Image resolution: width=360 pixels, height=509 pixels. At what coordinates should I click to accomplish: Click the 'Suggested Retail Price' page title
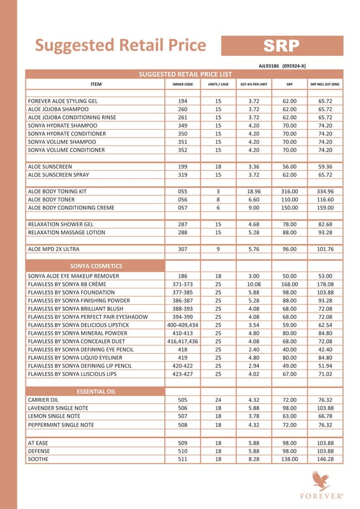click(120, 45)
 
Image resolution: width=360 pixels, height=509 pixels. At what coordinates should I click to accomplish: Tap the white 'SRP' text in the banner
click(282, 46)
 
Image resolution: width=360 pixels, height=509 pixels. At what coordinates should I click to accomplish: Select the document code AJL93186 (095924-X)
click(282, 66)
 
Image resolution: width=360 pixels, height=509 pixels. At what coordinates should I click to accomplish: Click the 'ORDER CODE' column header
click(182, 84)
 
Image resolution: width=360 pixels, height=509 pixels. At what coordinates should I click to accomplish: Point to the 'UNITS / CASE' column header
click(218, 84)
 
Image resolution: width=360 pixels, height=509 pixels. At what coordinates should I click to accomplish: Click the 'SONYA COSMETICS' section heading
click(96, 265)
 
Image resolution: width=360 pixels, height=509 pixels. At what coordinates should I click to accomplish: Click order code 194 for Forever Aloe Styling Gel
click(182, 100)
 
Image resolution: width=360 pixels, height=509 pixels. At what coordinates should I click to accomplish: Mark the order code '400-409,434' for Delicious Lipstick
click(182, 325)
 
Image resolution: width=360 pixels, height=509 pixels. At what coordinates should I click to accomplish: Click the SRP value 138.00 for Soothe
click(289, 459)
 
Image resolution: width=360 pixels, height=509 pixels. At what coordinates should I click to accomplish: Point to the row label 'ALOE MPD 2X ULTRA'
click(54, 249)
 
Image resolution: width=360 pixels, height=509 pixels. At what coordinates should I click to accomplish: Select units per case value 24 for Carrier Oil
click(218, 400)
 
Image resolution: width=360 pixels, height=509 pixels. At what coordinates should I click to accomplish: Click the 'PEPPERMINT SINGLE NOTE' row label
click(62, 425)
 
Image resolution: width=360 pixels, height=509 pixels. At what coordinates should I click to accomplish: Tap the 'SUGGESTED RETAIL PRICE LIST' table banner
click(186, 74)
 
